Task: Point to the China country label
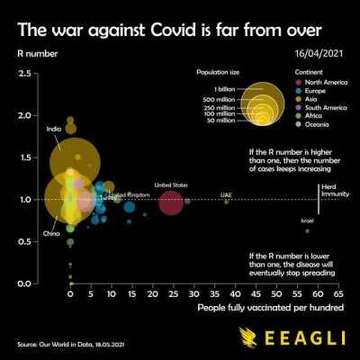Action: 51,234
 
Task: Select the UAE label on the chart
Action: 226,194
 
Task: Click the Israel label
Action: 308,220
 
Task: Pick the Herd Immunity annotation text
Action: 330,191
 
